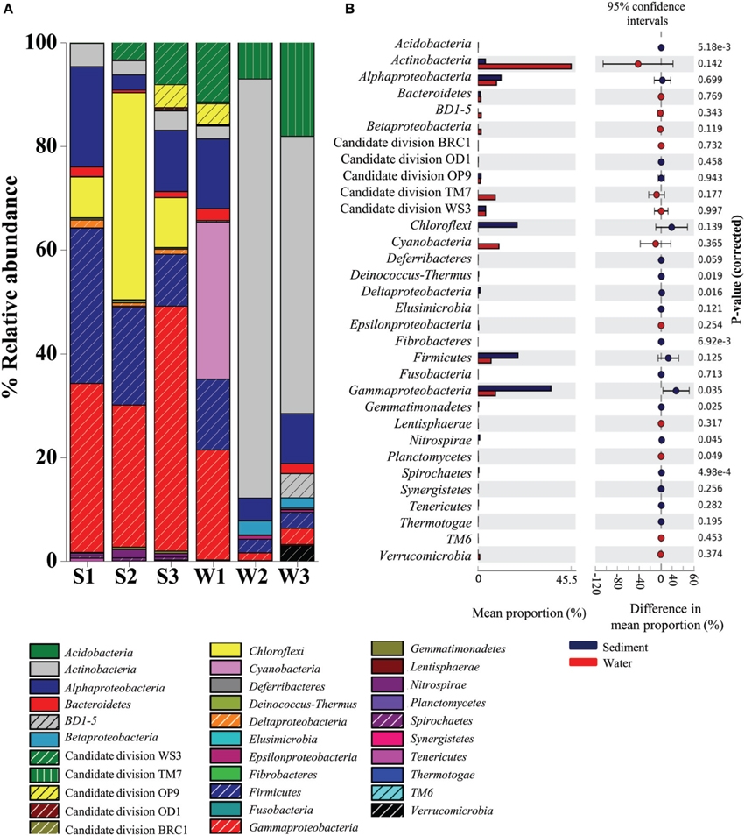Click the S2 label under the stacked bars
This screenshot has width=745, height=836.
click(x=129, y=583)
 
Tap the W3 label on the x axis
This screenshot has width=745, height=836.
click(x=297, y=583)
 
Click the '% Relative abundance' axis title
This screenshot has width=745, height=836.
click(x=15, y=298)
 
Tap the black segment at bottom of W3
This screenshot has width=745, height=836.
click(x=297, y=552)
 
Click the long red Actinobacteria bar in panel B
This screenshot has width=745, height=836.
click(x=525, y=67)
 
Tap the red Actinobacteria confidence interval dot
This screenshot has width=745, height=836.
click(x=638, y=63)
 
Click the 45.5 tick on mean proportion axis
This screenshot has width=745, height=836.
click(x=572, y=580)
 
